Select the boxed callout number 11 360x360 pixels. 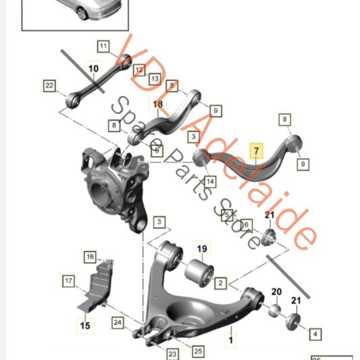[x=103, y=47]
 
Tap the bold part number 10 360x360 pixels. [x=93, y=68]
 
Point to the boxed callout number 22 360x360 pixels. [x=49, y=86]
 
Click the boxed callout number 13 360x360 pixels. [x=155, y=79]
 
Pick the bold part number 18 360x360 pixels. [x=158, y=105]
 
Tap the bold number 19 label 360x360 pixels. [x=201, y=249]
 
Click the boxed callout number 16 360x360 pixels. [x=90, y=257]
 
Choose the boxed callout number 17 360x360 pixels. [x=69, y=280]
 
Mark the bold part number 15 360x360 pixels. [x=86, y=326]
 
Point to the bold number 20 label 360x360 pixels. [x=276, y=292]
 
